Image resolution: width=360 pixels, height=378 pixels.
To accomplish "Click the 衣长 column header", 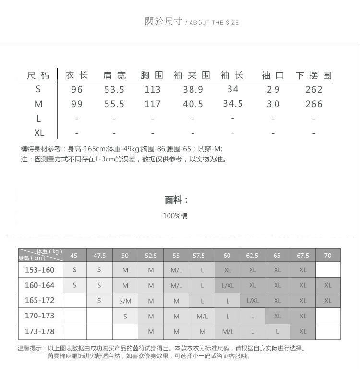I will pos(77,75).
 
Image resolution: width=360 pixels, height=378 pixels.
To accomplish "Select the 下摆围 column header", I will pos(314,75).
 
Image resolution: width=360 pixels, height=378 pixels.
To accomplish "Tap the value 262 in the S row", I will pos(314,90).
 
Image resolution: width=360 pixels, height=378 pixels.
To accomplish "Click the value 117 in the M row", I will pos(153,104).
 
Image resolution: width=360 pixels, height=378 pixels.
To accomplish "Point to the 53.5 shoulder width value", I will pos(114,90).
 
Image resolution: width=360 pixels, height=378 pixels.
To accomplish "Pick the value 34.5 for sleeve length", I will pos(233,104).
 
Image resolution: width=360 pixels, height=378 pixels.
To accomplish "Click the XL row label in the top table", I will pos(39,133).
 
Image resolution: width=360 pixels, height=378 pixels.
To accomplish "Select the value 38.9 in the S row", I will pos(193,90).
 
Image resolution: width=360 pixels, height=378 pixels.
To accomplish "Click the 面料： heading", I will pos(176,200).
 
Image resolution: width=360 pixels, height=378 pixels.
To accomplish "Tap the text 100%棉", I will pos(175,216).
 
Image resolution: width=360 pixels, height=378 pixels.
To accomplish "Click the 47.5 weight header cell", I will pos(99,256).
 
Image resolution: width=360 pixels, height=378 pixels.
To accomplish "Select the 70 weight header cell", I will pos(327,256).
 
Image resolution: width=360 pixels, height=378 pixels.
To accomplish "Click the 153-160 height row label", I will pos(40,270).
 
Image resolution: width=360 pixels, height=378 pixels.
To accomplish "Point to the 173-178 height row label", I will pos(40,331).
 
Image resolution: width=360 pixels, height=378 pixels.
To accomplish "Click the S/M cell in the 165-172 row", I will pos(125,301).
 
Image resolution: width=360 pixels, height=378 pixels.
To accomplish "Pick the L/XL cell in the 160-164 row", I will pos(228,285).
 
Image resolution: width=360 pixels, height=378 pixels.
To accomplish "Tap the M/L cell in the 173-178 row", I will pos(228,331).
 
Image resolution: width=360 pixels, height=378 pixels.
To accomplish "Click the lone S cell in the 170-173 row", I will pos(125,316).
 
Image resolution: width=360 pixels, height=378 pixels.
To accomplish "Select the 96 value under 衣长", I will pos(77,90).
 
